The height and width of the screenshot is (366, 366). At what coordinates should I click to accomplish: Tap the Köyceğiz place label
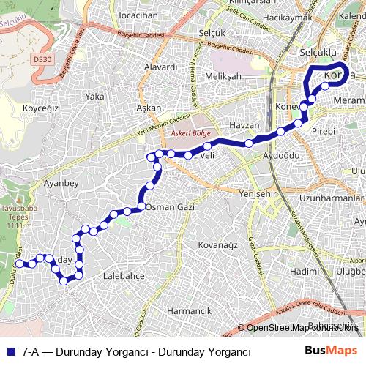40,108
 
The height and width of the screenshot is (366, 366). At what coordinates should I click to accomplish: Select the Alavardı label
161,67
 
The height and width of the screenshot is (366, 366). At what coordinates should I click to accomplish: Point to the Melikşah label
223,76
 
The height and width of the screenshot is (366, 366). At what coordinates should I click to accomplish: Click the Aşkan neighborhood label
149,108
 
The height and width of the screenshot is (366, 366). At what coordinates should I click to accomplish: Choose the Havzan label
244,126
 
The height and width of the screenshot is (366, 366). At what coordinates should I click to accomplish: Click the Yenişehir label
259,193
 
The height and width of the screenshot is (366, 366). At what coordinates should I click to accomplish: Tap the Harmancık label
189,311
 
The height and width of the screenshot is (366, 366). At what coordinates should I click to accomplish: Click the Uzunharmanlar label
332,198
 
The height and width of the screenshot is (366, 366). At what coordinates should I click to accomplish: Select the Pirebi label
323,131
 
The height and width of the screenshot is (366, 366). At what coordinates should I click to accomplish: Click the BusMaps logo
331,351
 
